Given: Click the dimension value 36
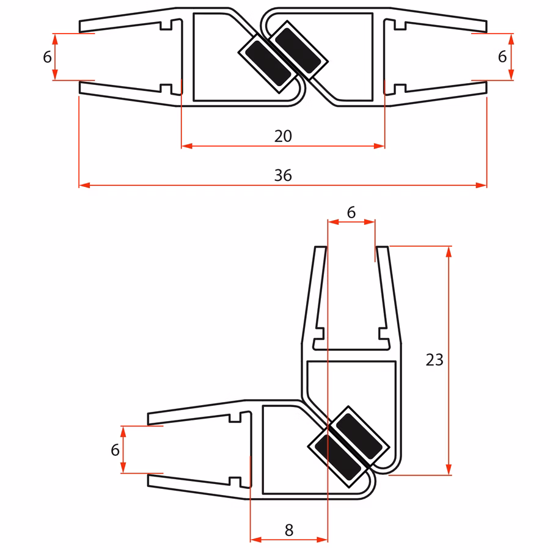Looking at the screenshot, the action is pyautogui.click(x=283, y=175).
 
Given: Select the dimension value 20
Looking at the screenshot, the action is pyautogui.click(x=283, y=136).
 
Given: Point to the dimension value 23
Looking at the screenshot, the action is pyautogui.click(x=435, y=360).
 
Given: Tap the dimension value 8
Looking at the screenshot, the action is pyautogui.click(x=289, y=530).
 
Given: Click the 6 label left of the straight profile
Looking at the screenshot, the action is pyautogui.click(x=47, y=57).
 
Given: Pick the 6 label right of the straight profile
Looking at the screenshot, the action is pyautogui.click(x=502, y=56).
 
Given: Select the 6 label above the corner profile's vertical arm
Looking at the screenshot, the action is pyautogui.click(x=351, y=212).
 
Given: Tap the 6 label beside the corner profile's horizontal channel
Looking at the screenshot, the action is pyautogui.click(x=115, y=450).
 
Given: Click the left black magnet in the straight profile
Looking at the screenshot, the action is pyautogui.click(x=268, y=63).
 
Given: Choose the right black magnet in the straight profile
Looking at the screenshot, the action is pyautogui.click(x=298, y=51).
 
